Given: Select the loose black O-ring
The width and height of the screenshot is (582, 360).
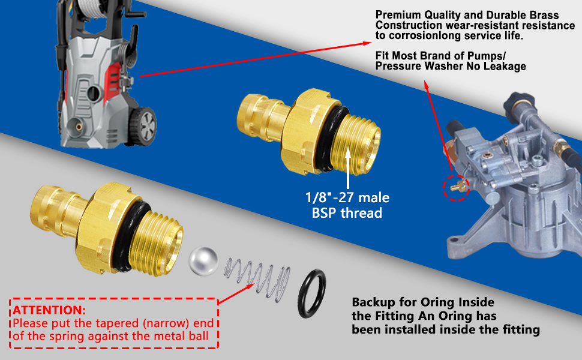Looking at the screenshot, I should [311, 293].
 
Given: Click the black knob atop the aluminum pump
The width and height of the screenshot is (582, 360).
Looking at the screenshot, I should [521, 103].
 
